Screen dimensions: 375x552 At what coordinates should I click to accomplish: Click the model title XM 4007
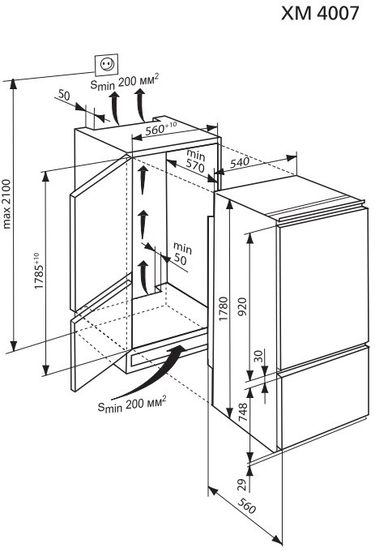pos(320,14)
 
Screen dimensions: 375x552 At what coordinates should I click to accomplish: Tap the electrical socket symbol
pos(107,64)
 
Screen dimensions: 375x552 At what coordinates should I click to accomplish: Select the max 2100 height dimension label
pos(7,204)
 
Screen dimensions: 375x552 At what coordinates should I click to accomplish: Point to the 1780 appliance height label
pos(224,309)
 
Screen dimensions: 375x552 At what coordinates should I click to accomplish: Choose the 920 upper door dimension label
pos(243,306)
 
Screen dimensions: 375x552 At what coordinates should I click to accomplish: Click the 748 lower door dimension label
pos(243,413)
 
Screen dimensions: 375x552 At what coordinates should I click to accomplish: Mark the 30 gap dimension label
pos(258,357)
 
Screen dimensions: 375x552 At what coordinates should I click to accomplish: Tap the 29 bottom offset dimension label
pos(241,485)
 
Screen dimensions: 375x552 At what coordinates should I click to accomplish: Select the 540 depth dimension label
pos(240,162)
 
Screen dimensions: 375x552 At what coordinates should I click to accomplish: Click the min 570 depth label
pos(195,160)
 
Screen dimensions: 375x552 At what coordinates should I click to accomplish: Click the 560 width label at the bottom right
pos(246,506)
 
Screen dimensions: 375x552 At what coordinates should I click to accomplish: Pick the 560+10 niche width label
pos(160,129)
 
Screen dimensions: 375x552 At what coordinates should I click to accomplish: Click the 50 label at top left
pos(64,95)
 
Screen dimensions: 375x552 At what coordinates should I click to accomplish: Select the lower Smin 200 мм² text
pos(131,404)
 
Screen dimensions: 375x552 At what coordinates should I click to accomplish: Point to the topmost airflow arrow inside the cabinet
pos(142,179)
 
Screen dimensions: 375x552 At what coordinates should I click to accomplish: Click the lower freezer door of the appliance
pos(324,398)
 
